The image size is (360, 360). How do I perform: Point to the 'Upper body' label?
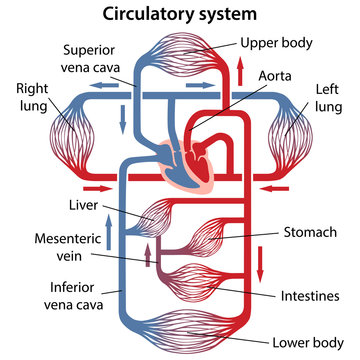point(276,43)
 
